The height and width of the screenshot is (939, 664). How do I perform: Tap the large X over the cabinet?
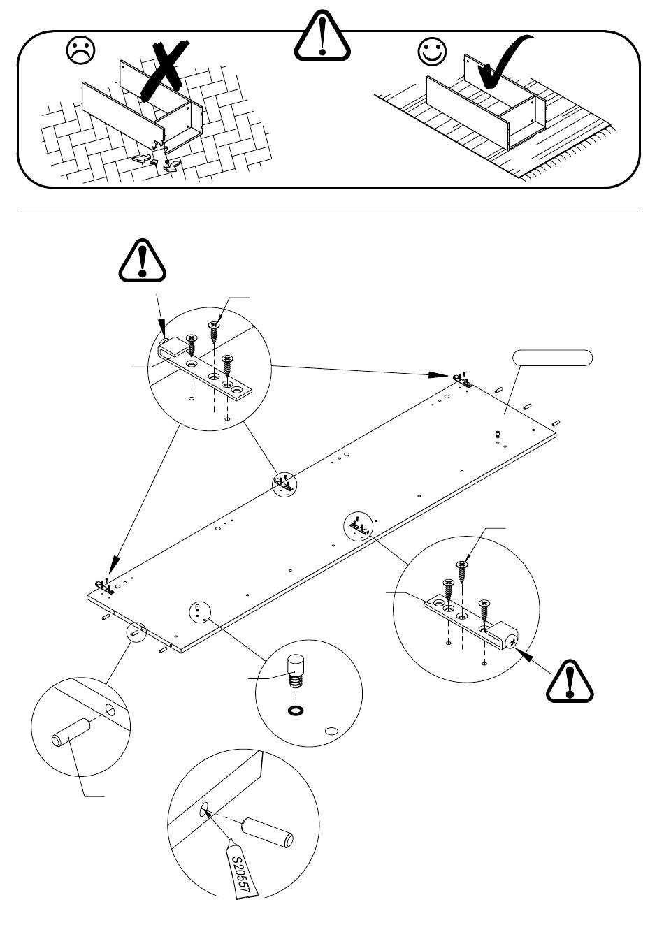pyautogui.click(x=163, y=70)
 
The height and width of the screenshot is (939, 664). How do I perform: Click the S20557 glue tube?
pyautogui.click(x=243, y=869)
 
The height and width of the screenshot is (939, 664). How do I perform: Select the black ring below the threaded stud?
pyautogui.click(x=296, y=711)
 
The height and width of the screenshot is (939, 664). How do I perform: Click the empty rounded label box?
pyautogui.click(x=553, y=358)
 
